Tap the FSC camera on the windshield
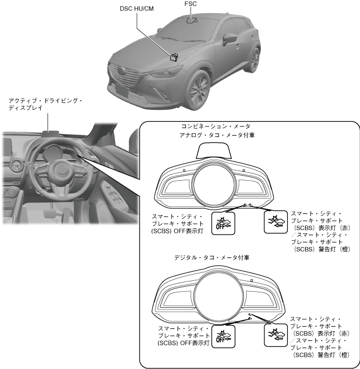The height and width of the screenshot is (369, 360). (x=192, y=20)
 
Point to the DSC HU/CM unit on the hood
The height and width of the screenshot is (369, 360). (x=173, y=56)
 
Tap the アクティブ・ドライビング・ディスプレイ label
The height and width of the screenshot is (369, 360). (x=46, y=104)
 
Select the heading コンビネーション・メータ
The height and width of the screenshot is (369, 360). (x=215, y=126)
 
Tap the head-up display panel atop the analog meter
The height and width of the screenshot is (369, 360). (x=213, y=152)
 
